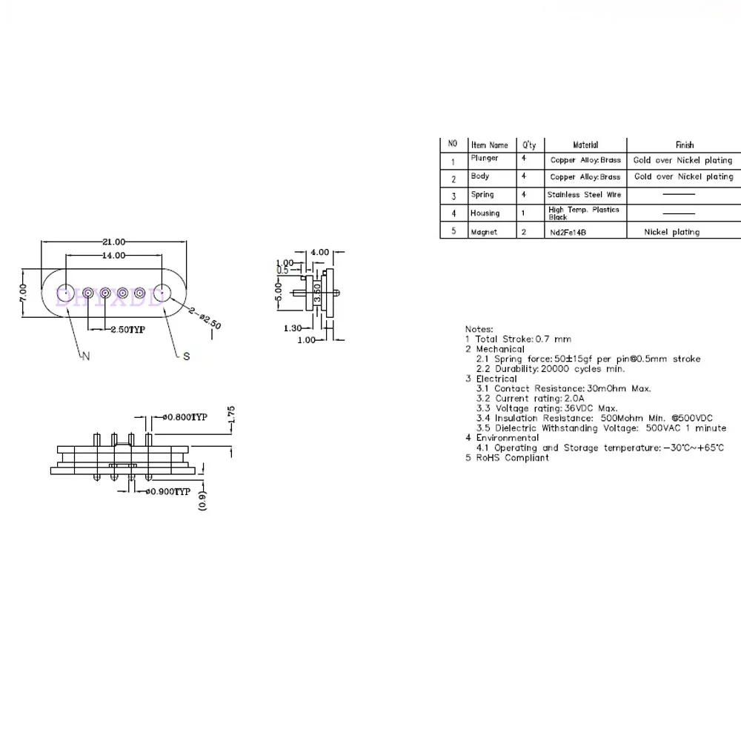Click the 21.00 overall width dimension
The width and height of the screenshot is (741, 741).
point(115,242)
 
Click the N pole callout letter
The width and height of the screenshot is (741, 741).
point(85,357)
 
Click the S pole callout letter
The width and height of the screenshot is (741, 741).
point(187,356)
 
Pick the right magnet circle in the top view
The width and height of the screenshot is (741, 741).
point(163,293)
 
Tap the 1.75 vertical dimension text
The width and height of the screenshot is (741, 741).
point(231,415)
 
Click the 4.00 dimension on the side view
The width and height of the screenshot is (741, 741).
point(319,253)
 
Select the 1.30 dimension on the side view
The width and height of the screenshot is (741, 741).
point(293,328)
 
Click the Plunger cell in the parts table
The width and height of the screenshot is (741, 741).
point(484,159)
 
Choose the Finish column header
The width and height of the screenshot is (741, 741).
point(684,145)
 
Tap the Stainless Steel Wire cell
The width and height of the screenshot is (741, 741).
point(584,195)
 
